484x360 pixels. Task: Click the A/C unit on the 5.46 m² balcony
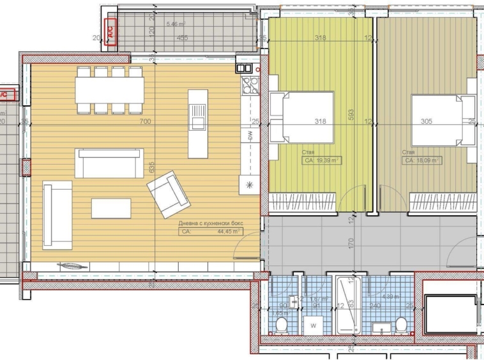click(x=110, y=32)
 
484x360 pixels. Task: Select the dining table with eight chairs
click(x=109, y=89)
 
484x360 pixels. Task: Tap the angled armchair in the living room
click(x=169, y=194)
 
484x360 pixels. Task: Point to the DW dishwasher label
click(x=250, y=136)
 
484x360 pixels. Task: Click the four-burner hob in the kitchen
click(x=249, y=86)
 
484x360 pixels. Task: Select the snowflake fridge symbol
click(x=250, y=184)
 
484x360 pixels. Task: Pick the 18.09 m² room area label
click(x=420, y=161)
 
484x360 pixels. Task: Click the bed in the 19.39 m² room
click(x=302, y=117)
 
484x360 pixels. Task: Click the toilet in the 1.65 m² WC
click(x=280, y=326)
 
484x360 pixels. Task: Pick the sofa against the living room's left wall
click(x=57, y=214)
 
